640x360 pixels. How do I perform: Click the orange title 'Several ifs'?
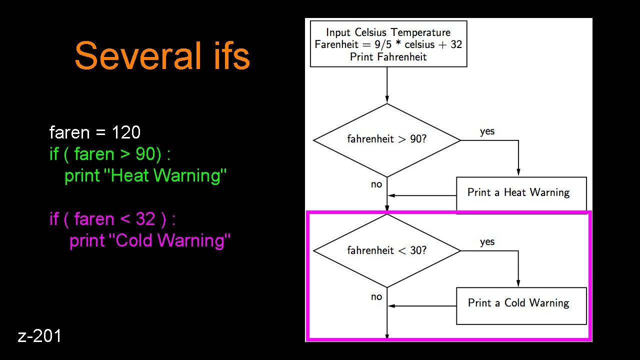pos(162,56)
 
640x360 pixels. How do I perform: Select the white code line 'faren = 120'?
pos(95,132)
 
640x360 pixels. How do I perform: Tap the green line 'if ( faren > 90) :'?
pos(110,154)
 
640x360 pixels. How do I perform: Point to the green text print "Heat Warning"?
pos(145,175)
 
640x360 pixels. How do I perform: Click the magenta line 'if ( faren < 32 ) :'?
pos(112,219)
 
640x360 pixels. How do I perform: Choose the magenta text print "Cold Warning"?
pos(150,240)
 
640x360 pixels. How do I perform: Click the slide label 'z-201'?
pos(40,336)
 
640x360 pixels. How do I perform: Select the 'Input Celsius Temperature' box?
pos(388,43)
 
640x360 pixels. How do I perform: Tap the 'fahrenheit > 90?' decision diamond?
pos(387,140)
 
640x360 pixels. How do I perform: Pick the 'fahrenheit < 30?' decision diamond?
pos(387,250)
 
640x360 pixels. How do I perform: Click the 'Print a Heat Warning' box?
pos(521,193)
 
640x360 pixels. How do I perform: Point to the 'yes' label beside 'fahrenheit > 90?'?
pos(487,131)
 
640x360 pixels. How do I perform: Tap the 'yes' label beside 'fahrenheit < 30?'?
pos(487,242)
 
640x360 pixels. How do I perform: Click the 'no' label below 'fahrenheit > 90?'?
pos(376,184)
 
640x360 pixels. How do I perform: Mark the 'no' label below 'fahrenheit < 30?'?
pos(376,297)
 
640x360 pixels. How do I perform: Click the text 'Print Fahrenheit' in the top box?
pos(388,56)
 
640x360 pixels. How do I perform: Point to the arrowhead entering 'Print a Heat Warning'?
pos(518,172)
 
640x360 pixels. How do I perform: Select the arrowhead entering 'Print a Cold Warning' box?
pos(518,283)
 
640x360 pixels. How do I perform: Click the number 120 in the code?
pos(126,132)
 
